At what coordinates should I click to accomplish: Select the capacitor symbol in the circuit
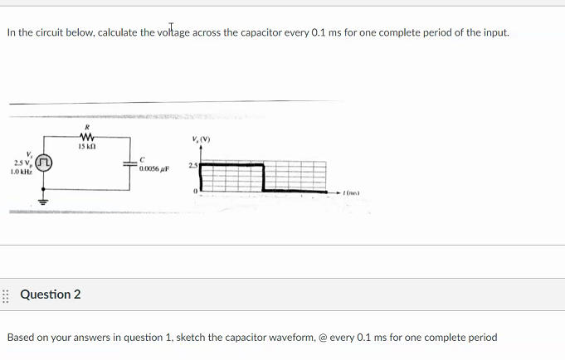tap(129, 163)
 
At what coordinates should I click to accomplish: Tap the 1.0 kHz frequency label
tap(21, 172)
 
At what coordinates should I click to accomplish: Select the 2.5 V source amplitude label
tap(21, 163)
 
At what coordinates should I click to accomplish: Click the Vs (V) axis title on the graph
tap(200, 139)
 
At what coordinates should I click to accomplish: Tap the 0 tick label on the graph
tap(195, 190)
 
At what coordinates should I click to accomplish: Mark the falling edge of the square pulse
tap(263, 177)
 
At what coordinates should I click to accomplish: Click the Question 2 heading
tap(50, 294)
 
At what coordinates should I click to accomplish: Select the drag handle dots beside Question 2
tap(6, 294)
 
